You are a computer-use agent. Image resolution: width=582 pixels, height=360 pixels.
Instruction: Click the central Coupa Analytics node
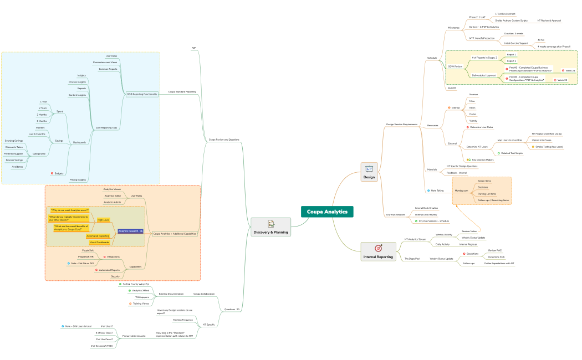pos(327,212)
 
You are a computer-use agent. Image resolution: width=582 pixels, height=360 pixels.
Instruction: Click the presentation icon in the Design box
pos(369,169)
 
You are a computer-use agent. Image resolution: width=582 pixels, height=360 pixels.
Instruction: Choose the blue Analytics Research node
pos(130,230)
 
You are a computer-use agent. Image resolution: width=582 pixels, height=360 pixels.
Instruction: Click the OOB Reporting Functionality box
pos(142,94)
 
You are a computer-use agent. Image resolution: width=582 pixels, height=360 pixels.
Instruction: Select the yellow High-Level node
pos(103,220)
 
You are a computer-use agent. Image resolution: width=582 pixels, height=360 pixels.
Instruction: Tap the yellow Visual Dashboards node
pos(99,242)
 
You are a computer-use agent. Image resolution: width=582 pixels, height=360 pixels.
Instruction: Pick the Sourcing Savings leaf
pos(14,141)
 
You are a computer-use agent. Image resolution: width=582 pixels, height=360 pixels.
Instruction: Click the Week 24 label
pos(570,71)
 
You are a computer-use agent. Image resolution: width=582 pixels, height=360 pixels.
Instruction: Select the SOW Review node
pos(455,66)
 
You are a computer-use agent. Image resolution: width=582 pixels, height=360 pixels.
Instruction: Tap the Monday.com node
pos(461,191)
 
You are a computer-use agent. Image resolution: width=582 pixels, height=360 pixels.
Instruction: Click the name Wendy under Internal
pos(473,120)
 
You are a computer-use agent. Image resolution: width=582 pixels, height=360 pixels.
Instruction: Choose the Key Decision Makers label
pos(482,160)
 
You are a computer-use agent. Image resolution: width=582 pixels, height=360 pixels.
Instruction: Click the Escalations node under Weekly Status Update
pos(472,254)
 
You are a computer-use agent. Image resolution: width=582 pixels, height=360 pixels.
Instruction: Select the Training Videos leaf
pos(140,304)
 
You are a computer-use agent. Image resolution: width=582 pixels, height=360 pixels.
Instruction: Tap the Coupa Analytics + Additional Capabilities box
pos(175,234)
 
